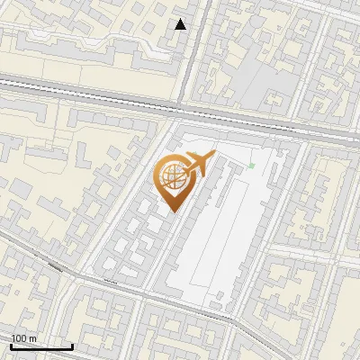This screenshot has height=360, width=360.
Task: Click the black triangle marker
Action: (x=181, y=24)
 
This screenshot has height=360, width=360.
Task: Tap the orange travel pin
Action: (x=175, y=179)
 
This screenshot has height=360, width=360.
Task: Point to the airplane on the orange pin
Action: (x=198, y=163)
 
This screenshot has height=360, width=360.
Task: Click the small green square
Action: (x=252, y=166)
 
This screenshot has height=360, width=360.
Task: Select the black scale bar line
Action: (x=40, y=346)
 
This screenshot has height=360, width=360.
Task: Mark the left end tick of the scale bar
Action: (x=11, y=346)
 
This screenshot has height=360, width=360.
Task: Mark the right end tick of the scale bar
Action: (x=72, y=346)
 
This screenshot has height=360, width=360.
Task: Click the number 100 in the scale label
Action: (x=19, y=338)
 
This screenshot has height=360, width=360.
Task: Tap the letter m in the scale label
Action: (x=31, y=338)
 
